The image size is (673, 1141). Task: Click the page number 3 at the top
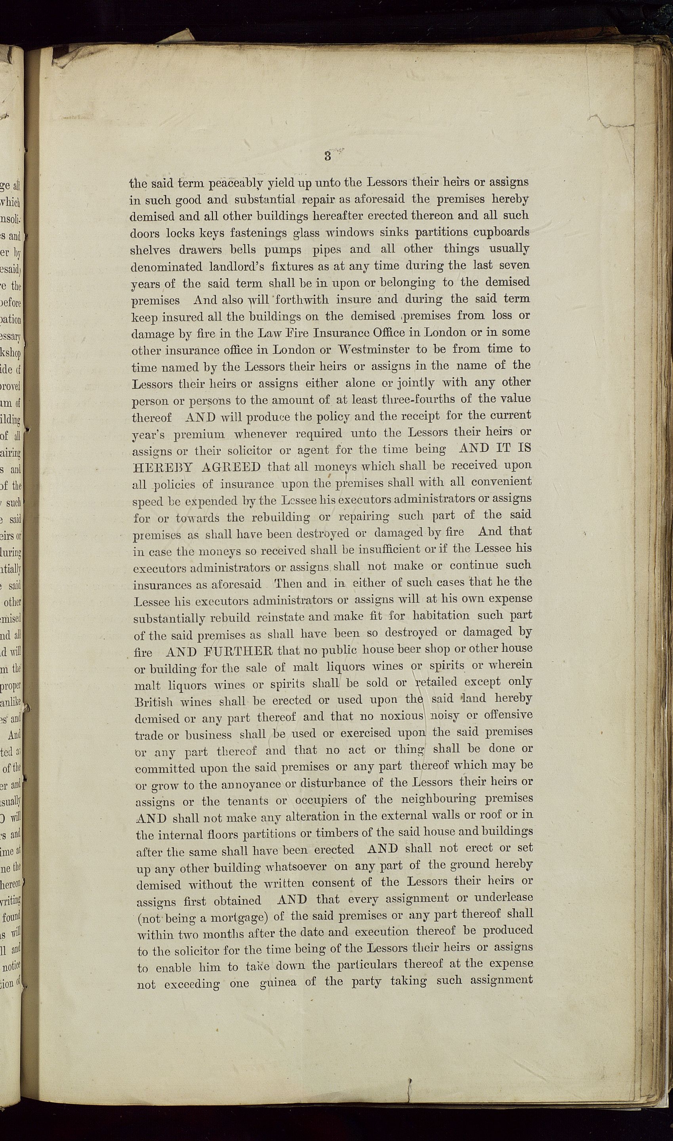click(328, 157)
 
